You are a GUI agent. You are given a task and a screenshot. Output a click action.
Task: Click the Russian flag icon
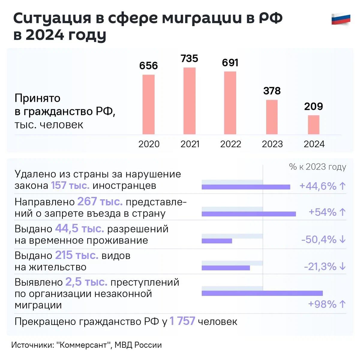[341, 19]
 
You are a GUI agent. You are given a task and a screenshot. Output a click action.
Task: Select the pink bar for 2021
[189, 101]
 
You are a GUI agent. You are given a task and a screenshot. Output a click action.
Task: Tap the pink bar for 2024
[313, 125]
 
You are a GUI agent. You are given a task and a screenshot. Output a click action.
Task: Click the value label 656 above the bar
[148, 66]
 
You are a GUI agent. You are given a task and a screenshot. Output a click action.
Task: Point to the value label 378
[272, 91]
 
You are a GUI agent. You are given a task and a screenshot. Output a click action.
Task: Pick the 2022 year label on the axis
[230, 144]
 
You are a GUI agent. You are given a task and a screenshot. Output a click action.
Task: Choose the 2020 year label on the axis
[149, 144]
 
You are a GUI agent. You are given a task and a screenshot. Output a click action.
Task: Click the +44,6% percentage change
[318, 186]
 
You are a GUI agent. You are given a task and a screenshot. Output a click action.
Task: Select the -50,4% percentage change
[319, 240]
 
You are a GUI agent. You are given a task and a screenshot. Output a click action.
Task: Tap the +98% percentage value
[322, 304]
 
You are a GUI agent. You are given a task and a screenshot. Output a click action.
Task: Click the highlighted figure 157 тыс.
[70, 185]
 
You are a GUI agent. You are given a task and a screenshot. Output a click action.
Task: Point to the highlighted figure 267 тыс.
[100, 202]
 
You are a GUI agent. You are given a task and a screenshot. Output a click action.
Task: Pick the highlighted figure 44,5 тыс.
[79, 229]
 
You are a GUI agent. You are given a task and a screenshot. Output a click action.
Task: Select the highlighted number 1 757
[182, 321]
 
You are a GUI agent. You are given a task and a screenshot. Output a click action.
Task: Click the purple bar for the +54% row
[249, 214]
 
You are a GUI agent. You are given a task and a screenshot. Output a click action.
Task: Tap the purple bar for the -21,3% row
[226, 268]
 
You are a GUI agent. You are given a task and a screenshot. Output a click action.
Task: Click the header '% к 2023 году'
[317, 167]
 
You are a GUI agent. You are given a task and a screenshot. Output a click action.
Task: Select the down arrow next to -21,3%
[343, 266]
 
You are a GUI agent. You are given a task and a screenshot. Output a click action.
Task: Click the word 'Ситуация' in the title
[52, 19]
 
